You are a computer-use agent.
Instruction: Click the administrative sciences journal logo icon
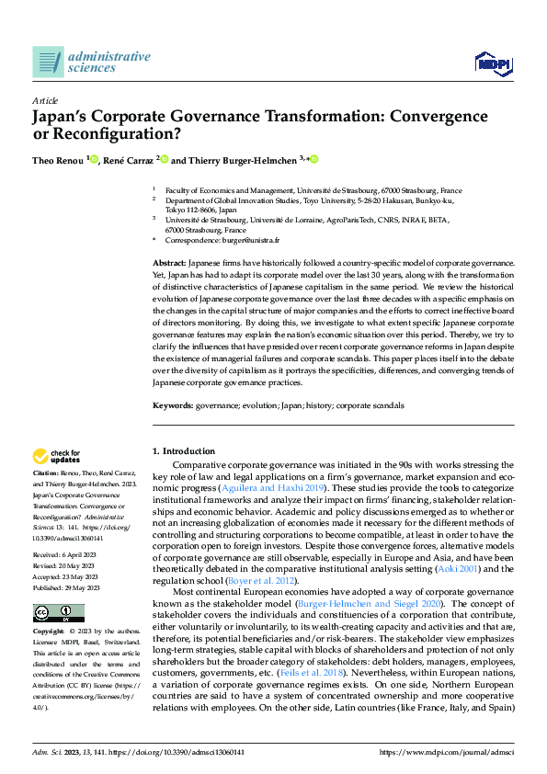[x=48, y=62]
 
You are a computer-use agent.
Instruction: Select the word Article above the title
[x=45, y=100]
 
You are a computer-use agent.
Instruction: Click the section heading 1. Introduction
[x=183, y=451]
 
